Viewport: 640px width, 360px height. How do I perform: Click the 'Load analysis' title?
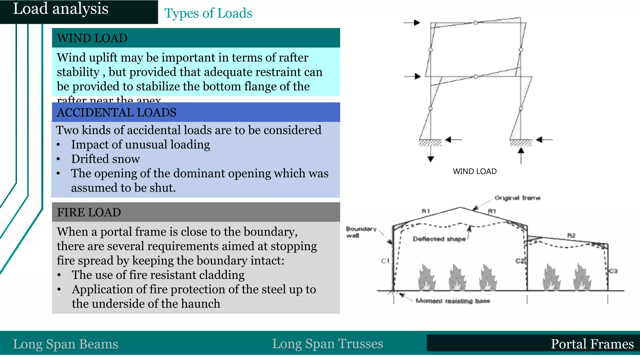[x=61, y=9]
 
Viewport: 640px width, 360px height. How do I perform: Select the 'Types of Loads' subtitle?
[x=208, y=13]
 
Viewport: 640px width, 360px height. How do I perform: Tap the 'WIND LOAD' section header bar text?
[x=92, y=38]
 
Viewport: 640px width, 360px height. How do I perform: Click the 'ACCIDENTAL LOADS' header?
[x=117, y=112]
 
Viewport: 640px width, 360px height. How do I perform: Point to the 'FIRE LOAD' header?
[x=89, y=212]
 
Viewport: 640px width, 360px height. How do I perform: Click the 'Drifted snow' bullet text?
[x=105, y=159]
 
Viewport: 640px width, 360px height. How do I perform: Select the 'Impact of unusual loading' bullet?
[x=140, y=145]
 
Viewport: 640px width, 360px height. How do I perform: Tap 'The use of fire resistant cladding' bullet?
[x=158, y=275]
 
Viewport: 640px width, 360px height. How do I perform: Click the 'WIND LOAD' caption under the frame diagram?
[x=474, y=172]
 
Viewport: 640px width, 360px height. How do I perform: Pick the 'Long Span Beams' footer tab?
[x=66, y=344]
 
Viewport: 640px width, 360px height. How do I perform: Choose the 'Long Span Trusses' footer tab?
[x=327, y=344]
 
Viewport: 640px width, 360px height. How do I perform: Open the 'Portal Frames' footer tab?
[x=592, y=344]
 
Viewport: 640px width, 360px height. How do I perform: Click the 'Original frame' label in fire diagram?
[x=517, y=198]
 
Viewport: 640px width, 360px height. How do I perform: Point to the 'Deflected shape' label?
[x=439, y=239]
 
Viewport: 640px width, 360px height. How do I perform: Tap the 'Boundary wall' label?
[x=361, y=232]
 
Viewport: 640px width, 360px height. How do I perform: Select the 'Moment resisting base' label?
[x=452, y=301]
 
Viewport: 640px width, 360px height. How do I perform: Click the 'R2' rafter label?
[x=571, y=235]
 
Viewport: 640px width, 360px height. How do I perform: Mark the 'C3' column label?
[x=613, y=271]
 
